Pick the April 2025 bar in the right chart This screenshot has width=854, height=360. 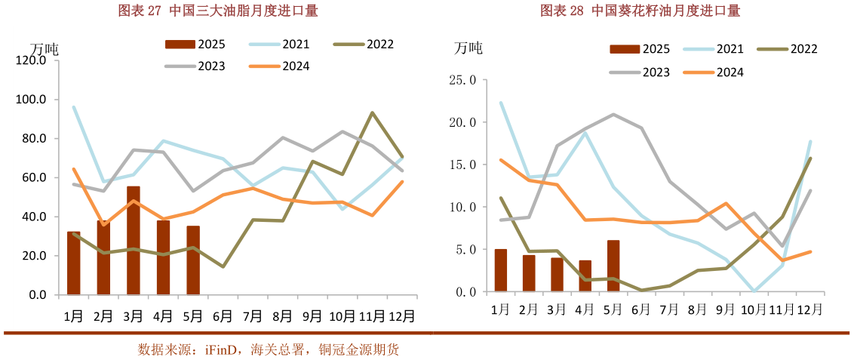[x=585, y=275]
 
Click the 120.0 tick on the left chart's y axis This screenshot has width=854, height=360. [x=32, y=60]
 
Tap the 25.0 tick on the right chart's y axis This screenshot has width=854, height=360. [x=462, y=79]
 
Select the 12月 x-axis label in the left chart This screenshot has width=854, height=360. [x=400, y=315]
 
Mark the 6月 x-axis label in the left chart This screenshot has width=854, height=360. [x=222, y=315]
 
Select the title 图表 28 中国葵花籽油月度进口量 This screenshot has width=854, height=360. [x=640, y=11]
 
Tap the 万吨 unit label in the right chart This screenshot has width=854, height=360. [x=468, y=48]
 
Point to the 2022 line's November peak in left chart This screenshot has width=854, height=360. [x=372, y=112]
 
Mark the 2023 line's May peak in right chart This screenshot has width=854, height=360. [x=613, y=115]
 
